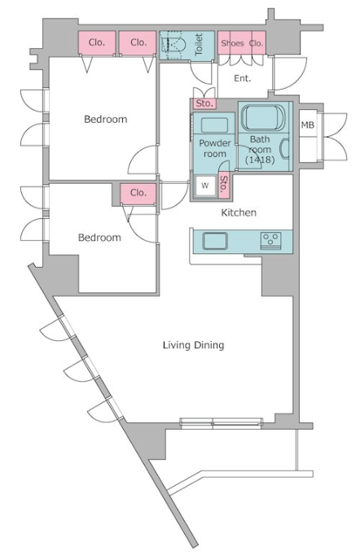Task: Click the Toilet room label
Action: [199, 44]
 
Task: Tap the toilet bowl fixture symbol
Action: [173, 45]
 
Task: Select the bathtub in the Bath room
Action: [264, 117]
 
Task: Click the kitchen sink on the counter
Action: [215, 241]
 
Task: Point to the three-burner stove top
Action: [270, 239]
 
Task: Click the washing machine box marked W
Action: [205, 186]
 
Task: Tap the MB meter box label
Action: [308, 125]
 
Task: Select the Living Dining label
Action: [193, 345]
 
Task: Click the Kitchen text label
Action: [239, 213]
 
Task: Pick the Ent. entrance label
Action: [243, 78]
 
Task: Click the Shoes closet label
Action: [232, 43]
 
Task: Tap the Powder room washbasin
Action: [214, 125]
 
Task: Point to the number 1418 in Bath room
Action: [260, 160]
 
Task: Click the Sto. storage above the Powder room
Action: [205, 103]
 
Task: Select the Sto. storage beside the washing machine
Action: [224, 186]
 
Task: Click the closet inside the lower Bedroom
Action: [138, 194]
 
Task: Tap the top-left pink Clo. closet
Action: [97, 43]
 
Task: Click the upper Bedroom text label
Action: [105, 120]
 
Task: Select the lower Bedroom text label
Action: [99, 238]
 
